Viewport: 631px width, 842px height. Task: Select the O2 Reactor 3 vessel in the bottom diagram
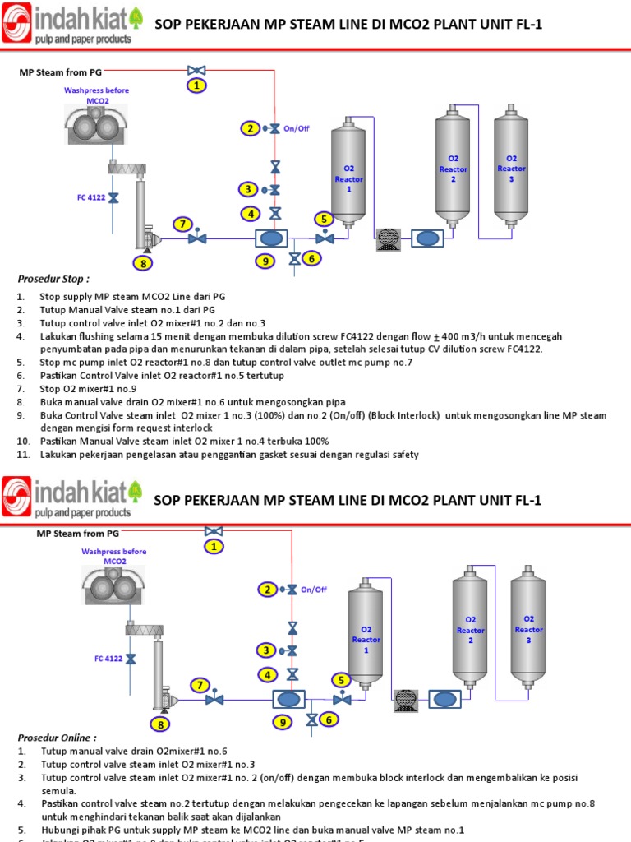[528, 630]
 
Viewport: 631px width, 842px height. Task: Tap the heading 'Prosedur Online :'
[56, 738]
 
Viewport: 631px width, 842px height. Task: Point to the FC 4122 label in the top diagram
[91, 197]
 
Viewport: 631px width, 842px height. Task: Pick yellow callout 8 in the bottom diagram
[161, 724]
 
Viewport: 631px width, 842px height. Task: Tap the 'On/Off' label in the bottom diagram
[313, 590]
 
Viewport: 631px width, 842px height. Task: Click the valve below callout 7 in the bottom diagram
[214, 699]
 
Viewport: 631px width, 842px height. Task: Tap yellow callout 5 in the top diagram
[325, 219]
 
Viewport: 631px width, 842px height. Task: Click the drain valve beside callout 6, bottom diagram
[311, 720]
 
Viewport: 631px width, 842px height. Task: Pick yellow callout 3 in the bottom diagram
[266, 650]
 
